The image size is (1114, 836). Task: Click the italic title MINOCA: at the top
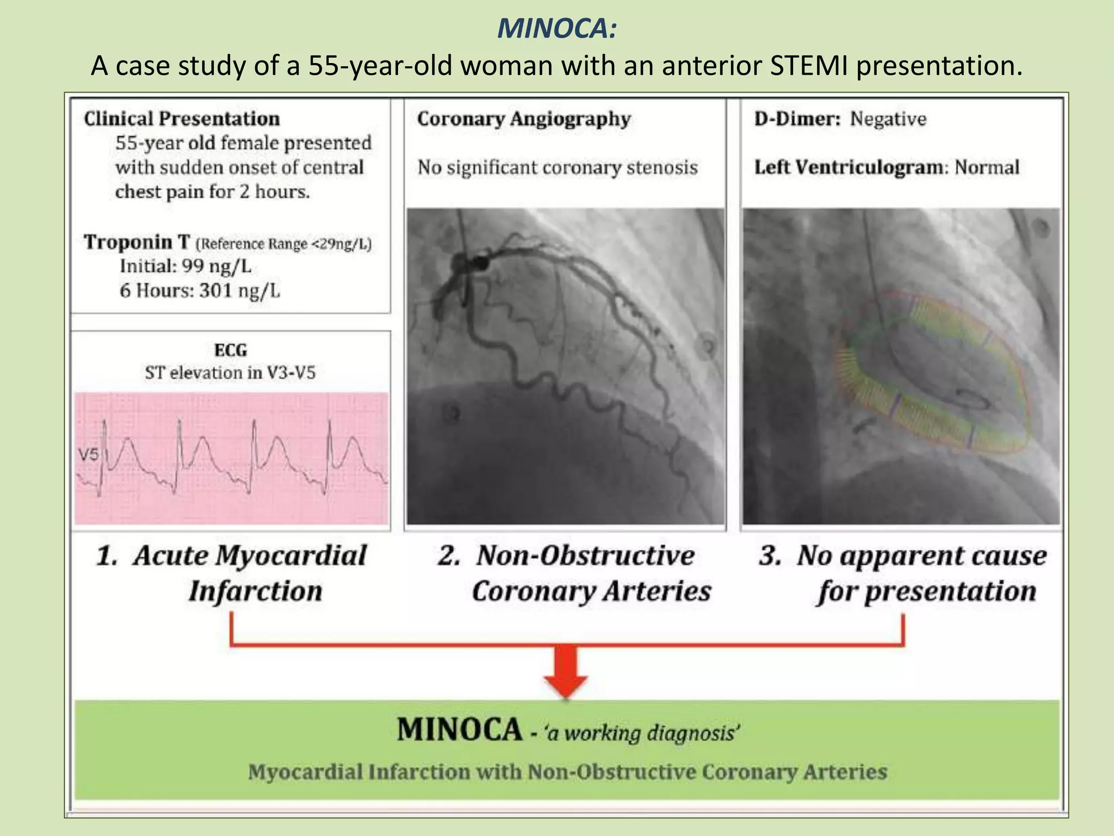pyautogui.click(x=556, y=29)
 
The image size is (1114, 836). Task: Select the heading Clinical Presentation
pyautogui.click(x=182, y=119)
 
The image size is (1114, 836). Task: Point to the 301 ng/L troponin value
pyautogui.click(x=239, y=291)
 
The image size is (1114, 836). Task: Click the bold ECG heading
pyautogui.click(x=231, y=350)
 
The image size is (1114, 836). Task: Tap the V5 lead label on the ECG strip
pyautogui.click(x=89, y=454)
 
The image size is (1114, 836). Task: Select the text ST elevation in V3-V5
pyautogui.click(x=230, y=373)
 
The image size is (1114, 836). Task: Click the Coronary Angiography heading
pyautogui.click(x=524, y=119)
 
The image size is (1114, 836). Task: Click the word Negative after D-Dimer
pyautogui.click(x=888, y=119)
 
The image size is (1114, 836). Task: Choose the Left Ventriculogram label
pyautogui.click(x=849, y=167)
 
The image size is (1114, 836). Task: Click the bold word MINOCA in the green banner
pyautogui.click(x=459, y=730)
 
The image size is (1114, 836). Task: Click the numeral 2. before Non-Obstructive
pyautogui.click(x=450, y=556)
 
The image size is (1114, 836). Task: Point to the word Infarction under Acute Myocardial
pyautogui.click(x=256, y=591)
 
